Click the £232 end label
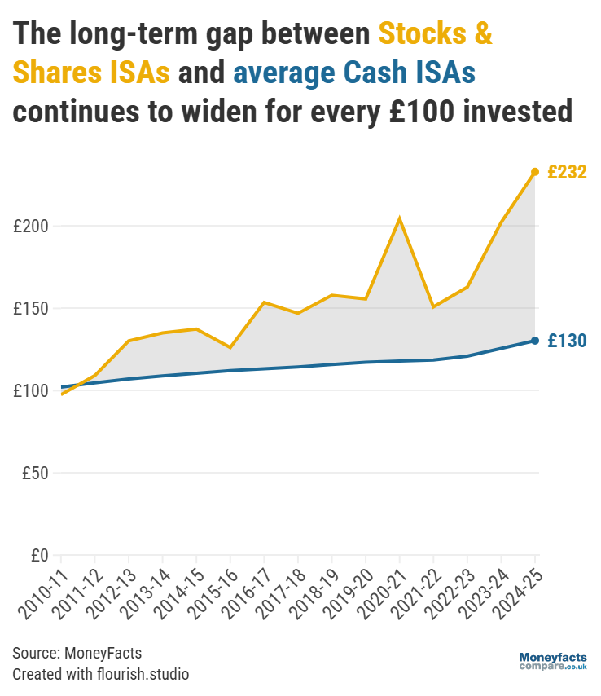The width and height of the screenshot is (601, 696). tap(567, 173)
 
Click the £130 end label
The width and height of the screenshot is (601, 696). tap(567, 341)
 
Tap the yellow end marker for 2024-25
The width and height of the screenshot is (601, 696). tap(535, 172)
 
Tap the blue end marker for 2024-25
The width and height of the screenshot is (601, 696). tap(535, 341)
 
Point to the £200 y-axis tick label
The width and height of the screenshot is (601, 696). tap(30, 226)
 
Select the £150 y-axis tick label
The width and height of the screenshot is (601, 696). tap(30, 309)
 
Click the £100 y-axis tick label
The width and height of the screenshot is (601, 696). tap(30, 391)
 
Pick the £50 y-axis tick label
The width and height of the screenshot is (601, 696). tap(34, 474)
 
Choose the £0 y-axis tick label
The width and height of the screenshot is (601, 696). tap(38, 556)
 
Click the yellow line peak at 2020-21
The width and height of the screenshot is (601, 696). tap(399, 218)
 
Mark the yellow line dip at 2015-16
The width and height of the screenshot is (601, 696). tap(230, 348)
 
